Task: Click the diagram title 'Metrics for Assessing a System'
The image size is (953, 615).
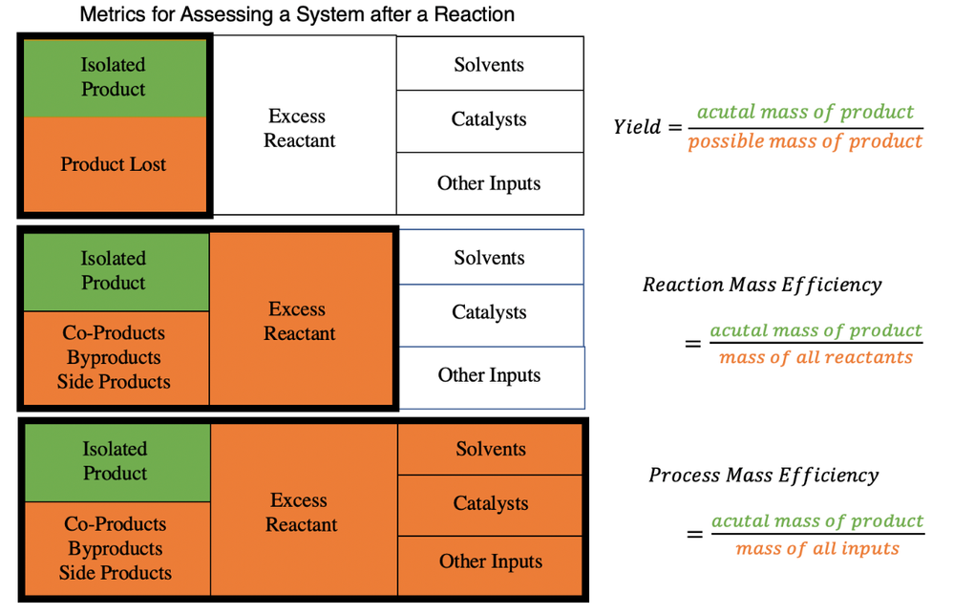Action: coord(297,15)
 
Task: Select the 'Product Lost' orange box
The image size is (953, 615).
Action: coord(114,164)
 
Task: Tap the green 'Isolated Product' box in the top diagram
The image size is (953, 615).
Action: coord(114,77)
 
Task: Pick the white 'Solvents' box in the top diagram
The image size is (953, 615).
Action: coord(489,64)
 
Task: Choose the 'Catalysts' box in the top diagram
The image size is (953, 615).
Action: coord(489,120)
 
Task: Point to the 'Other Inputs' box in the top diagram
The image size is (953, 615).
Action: coord(489,183)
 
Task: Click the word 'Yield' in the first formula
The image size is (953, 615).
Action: coord(637,127)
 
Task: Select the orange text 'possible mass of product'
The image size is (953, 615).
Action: coord(805,142)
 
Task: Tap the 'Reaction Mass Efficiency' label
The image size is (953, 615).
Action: coord(762,285)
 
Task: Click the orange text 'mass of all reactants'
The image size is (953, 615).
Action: coord(815,358)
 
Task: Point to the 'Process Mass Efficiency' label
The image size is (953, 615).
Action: coord(764,475)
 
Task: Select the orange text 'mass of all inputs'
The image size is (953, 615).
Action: coord(817,548)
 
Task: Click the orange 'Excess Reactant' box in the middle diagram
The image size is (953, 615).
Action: coord(302,321)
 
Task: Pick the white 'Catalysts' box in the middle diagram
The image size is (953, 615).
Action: coord(490,313)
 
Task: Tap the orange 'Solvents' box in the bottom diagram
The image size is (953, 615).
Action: coord(490,449)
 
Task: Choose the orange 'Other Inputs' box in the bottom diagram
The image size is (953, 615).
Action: coord(490,562)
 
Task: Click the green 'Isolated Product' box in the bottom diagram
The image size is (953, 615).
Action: coord(116,461)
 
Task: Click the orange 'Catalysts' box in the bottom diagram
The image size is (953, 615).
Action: coord(490,504)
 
